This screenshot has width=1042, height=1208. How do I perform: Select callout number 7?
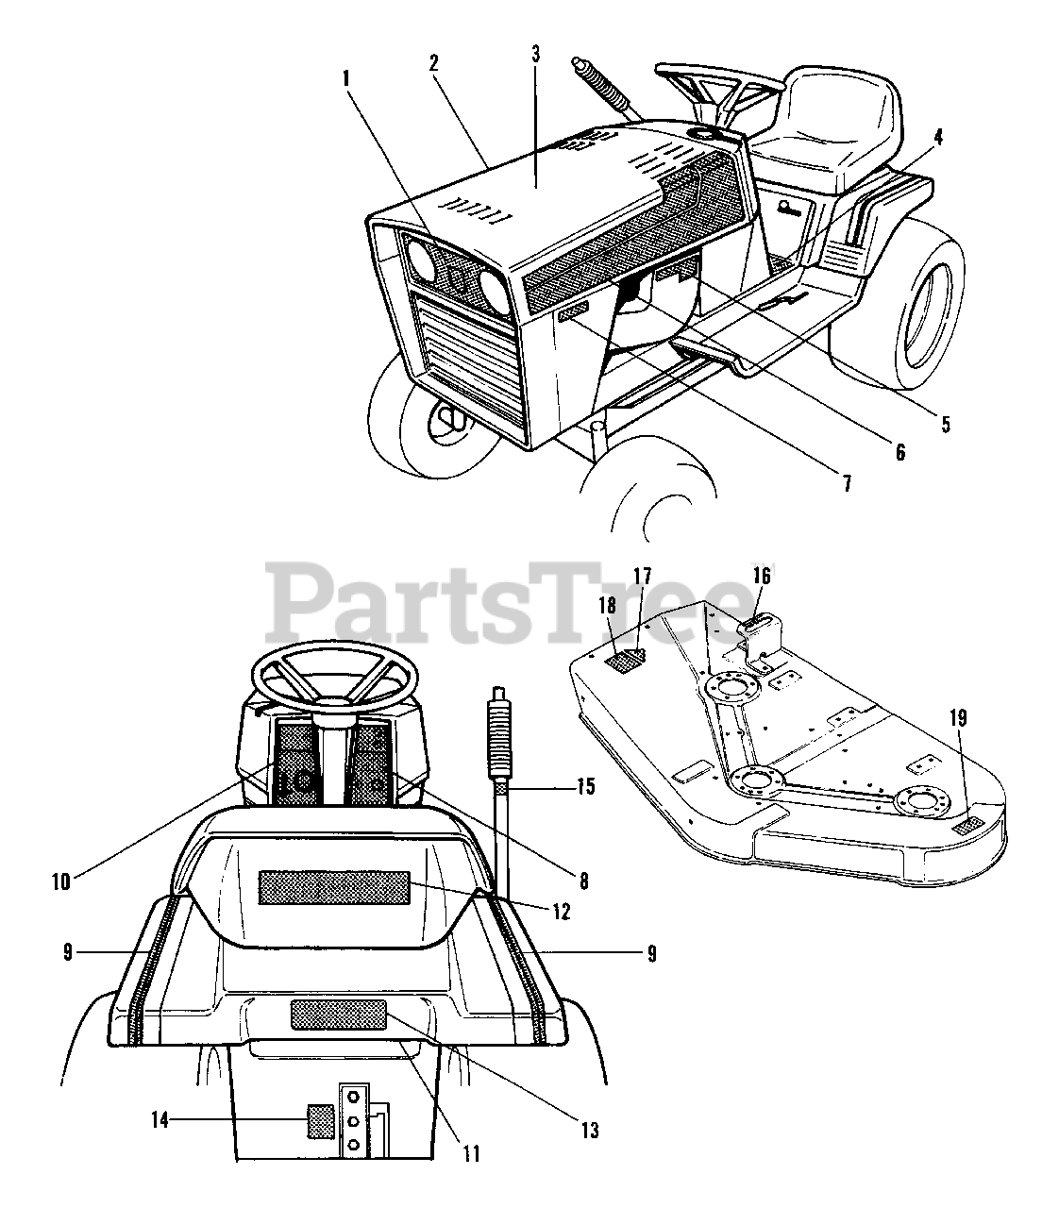coord(847,484)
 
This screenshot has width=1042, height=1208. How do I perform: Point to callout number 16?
coord(762,575)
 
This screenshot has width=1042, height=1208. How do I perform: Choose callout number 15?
coord(586,785)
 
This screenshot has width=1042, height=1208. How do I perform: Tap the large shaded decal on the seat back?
coord(334,887)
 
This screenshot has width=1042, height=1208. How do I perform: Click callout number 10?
coord(61,883)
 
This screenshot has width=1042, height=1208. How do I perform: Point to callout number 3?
coord(535,53)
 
